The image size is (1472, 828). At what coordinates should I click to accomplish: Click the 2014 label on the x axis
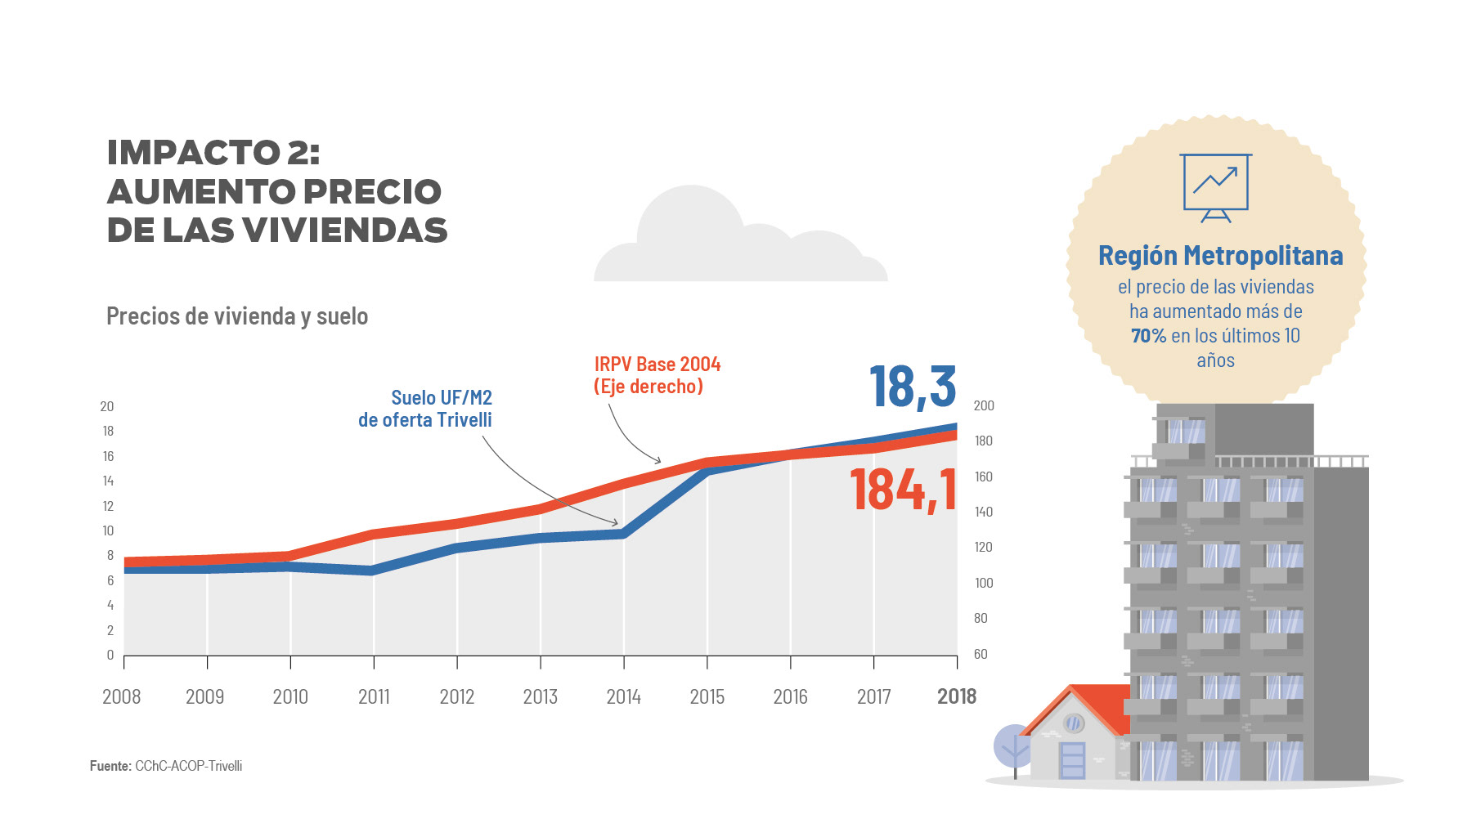pos(623,696)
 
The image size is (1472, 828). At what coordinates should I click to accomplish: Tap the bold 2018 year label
pos(956,696)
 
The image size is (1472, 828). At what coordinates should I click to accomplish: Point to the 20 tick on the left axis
pos(107,406)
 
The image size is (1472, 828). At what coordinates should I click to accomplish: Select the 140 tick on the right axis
pos(983,512)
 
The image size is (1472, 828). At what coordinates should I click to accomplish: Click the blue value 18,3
pos(912,387)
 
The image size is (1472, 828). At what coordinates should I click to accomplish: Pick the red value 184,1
pos(903,490)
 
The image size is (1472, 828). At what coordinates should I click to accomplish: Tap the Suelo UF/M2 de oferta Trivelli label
pos(426,409)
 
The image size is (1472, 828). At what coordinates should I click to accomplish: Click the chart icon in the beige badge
pos(1215,187)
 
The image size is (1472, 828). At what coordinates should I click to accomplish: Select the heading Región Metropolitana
pos(1220,256)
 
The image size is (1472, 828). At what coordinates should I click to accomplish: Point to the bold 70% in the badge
pos(1148,336)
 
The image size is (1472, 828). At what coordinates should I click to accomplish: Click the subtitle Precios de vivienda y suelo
pos(237,316)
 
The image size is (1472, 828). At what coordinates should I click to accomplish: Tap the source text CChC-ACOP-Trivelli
pos(188,766)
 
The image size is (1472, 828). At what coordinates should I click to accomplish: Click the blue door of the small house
pos(1072,759)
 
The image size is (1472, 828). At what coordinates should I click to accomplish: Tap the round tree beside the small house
pos(1013,745)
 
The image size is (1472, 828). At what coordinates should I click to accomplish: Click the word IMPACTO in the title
pos(194,153)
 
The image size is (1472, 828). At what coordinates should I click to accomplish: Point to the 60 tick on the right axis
pos(981,654)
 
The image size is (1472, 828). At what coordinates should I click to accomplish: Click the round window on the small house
pos(1074,723)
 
